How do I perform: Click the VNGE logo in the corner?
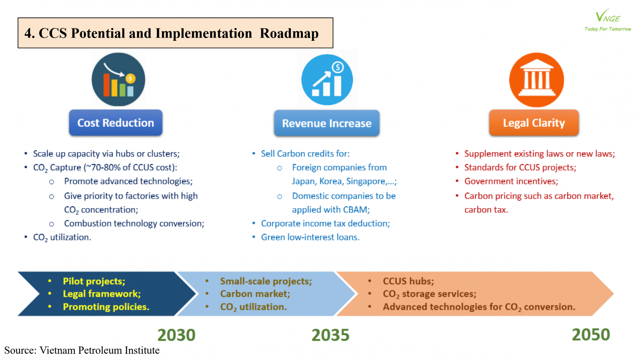[608, 20]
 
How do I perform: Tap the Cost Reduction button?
[116, 122]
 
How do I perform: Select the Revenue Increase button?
[327, 123]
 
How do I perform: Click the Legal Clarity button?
[534, 122]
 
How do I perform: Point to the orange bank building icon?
[536, 80]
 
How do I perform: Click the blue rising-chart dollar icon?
[327, 80]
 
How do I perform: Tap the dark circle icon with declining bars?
[118, 80]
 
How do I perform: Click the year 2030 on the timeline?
[176, 335]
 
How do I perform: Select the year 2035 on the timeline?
[330, 335]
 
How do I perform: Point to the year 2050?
[591, 334]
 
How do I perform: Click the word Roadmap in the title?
[289, 33]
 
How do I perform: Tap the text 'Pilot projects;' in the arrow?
[94, 281]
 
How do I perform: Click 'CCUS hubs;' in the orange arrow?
[408, 281]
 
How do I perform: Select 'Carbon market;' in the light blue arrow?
[255, 294]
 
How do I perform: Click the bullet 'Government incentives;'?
[511, 181]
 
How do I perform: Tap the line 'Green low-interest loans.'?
[310, 237]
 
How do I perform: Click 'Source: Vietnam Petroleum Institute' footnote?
[82, 350]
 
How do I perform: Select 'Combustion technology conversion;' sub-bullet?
[134, 224]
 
